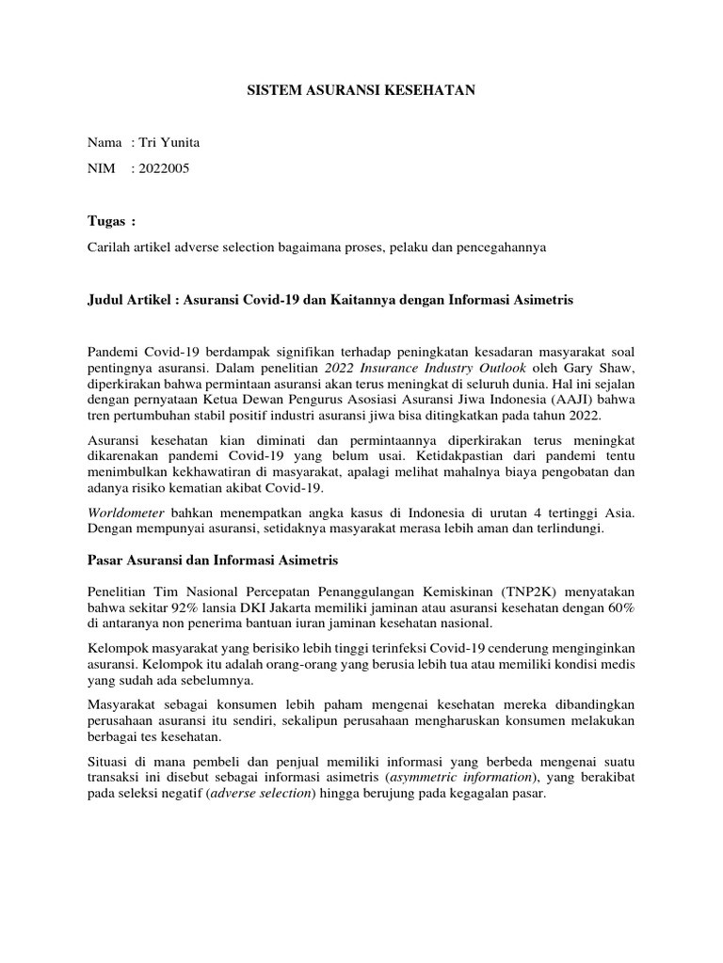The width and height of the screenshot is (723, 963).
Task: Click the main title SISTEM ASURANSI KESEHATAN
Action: [361, 91]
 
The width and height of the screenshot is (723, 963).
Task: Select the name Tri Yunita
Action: [169, 143]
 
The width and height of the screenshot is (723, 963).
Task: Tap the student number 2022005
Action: [169, 169]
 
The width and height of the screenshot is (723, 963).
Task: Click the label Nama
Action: [104, 143]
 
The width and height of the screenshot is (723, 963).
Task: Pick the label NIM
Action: [102, 169]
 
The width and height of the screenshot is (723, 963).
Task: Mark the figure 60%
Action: [618, 608]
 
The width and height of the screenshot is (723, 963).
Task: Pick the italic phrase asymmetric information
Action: [451, 776]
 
